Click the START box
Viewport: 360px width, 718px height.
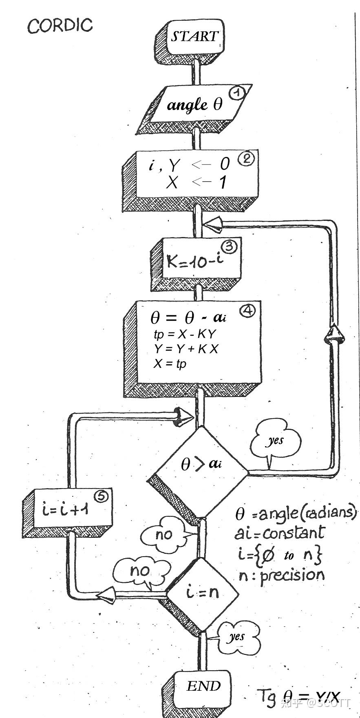point(194,37)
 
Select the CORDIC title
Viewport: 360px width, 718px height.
point(60,26)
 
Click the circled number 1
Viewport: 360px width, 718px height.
point(236,93)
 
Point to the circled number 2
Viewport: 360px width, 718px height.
point(246,159)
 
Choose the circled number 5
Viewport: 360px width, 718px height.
point(101,496)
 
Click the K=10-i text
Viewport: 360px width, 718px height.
point(195,262)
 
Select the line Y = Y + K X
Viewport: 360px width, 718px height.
point(186,349)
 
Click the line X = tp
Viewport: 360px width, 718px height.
point(169,363)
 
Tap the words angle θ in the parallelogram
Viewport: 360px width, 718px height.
point(194,105)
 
